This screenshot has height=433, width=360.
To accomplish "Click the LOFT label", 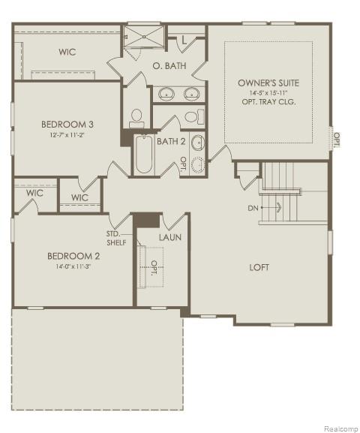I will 259,267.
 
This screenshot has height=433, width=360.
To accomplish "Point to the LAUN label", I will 169,237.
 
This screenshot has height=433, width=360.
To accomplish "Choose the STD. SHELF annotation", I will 116,238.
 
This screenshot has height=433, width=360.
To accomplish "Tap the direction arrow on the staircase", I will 278,207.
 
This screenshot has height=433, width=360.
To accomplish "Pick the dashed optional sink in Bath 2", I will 197,165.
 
